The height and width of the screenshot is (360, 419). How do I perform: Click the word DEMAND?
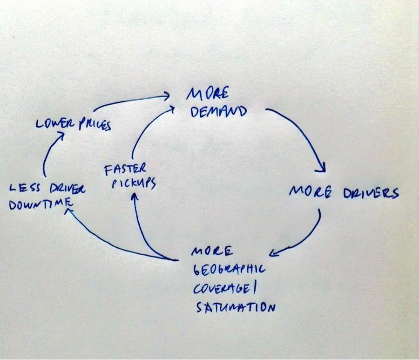point(218,111)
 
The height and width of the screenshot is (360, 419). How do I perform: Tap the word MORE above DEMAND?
point(208,94)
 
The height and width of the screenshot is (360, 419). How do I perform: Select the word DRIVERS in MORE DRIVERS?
point(371,193)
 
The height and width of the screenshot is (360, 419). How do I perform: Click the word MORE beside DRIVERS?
point(311,191)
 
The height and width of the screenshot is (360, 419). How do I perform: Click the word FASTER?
point(125,170)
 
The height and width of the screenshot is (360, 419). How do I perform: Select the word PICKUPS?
point(134,184)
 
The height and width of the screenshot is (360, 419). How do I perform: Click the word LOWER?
point(55,123)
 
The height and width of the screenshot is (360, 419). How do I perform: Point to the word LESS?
point(25,188)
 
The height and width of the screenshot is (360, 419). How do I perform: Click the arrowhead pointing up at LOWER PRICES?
point(61,136)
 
